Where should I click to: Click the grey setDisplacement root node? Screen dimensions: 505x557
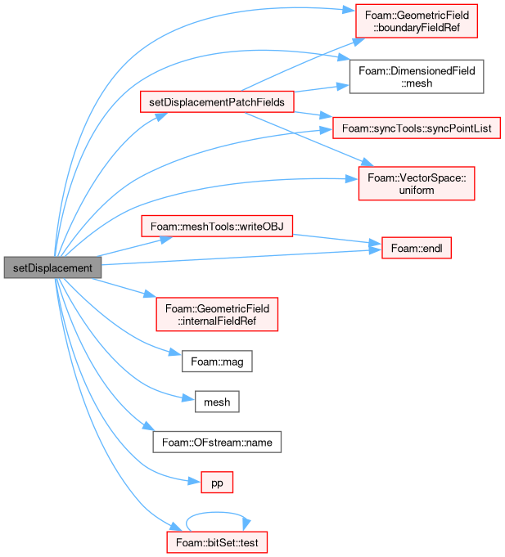coord(52,267)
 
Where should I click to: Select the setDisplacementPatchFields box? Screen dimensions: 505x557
coord(217,102)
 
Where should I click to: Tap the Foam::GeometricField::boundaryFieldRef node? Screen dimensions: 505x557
coord(417,21)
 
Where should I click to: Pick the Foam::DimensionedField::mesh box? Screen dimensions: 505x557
coord(417,77)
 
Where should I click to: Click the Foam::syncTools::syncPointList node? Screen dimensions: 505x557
coord(417,128)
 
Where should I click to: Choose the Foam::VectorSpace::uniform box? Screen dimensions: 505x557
coord(417,183)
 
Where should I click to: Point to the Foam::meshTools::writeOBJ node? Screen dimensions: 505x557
coord(217,226)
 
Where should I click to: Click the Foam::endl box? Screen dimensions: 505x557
coord(417,248)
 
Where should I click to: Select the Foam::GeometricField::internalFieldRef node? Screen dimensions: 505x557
coord(217,314)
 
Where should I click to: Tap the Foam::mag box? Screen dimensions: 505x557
coord(217,362)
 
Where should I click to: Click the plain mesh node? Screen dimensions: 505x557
coord(217,402)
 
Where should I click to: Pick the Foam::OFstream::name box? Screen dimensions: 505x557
coord(217,442)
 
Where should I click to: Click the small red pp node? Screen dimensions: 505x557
coord(217,483)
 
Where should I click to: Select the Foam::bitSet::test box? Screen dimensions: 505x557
coord(217,542)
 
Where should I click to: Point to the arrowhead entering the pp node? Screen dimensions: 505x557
coord(195,481)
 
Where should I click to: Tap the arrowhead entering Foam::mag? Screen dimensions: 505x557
coord(175,352)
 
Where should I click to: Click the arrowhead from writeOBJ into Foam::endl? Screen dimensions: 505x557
coord(376,243)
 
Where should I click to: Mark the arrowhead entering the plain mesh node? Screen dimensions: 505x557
coord(188,398)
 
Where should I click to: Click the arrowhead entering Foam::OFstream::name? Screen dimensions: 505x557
coord(149,426)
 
